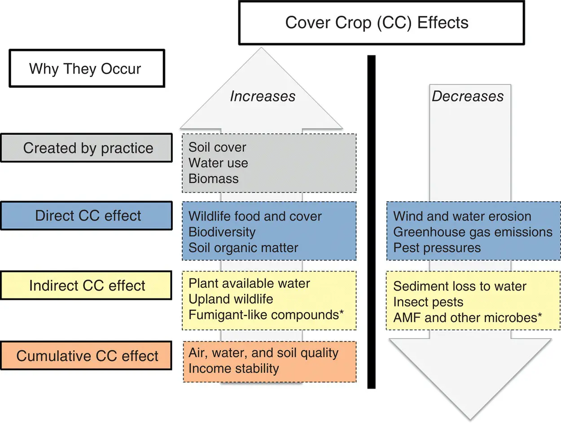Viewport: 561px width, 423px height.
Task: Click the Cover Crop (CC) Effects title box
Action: click(381, 22)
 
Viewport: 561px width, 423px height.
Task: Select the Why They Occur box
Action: click(85, 69)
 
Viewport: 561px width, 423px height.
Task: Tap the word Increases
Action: click(263, 96)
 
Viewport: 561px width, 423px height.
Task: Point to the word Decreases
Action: click(468, 96)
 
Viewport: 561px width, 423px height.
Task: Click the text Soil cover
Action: click(217, 147)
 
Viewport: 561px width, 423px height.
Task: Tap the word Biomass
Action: click(214, 178)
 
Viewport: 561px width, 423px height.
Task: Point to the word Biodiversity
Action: click(222, 232)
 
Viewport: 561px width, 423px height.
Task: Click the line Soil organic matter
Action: click(243, 247)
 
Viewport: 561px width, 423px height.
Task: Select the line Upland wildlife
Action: click(231, 299)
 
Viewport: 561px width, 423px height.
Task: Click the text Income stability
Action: click(234, 369)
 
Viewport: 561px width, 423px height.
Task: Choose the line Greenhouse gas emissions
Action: click(473, 232)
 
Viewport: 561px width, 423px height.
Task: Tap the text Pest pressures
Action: click(437, 247)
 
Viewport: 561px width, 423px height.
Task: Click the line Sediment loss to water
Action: click(460, 286)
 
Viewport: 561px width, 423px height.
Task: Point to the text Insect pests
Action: click(428, 302)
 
